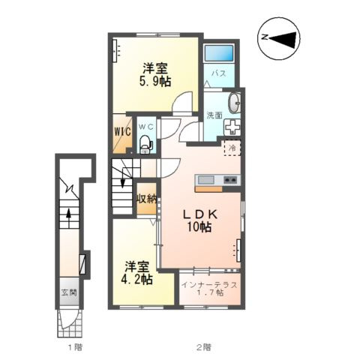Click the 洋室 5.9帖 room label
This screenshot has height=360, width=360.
(x=155, y=75)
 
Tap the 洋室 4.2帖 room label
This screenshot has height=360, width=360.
(x=136, y=273)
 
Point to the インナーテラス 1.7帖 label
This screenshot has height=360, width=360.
(x=209, y=289)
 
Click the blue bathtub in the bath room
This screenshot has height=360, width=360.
(x=219, y=53)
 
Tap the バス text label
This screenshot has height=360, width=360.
(x=219, y=73)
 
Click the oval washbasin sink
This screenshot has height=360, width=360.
(x=235, y=103)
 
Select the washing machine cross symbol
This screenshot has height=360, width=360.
(x=232, y=127)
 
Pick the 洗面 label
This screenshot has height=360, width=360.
(x=214, y=115)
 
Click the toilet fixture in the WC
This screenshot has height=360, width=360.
(x=145, y=144)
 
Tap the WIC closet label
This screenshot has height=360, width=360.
(x=122, y=131)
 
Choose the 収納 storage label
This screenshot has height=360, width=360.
(x=146, y=199)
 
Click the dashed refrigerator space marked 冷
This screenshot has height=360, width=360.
(x=232, y=148)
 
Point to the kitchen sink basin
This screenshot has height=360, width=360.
(x=206, y=179)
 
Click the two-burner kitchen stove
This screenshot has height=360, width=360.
(x=230, y=179)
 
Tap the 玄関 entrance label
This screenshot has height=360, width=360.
(x=69, y=292)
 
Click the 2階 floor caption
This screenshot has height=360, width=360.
(x=204, y=346)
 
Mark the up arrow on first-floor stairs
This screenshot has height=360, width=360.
(x=68, y=216)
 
